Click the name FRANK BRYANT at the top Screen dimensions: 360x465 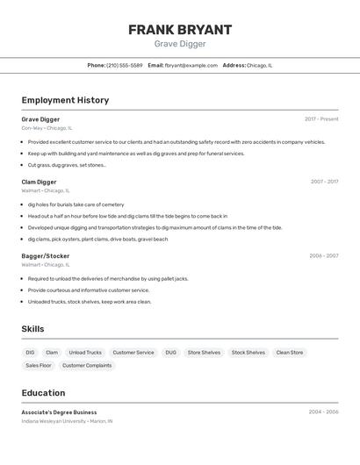tap(180, 30)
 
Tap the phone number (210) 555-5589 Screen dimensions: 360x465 tap(125, 65)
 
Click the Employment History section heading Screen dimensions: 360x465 tap(65, 100)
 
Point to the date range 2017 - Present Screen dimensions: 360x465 tap(321, 118)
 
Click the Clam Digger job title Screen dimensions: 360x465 tap(39, 182)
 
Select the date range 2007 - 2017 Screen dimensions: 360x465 tap(324, 182)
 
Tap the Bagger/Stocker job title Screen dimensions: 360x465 tap(46, 256)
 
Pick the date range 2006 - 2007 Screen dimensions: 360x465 tap(323, 256)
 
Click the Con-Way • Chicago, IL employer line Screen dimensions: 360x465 tap(47, 128)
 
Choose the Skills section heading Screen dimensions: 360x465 tap(33, 329)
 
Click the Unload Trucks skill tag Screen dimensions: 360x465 tap(85, 353)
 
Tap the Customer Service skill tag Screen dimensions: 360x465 tap(133, 353)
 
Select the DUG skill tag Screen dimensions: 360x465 tap(170, 353)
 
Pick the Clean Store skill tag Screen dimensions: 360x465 tap(289, 353)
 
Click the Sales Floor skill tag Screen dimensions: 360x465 tap(39, 365)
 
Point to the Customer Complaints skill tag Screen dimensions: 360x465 tap(87, 365)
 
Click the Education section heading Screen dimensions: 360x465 tap(43, 393)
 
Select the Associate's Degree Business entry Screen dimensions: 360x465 tap(59, 412)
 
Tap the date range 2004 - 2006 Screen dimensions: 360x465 tap(323, 411)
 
